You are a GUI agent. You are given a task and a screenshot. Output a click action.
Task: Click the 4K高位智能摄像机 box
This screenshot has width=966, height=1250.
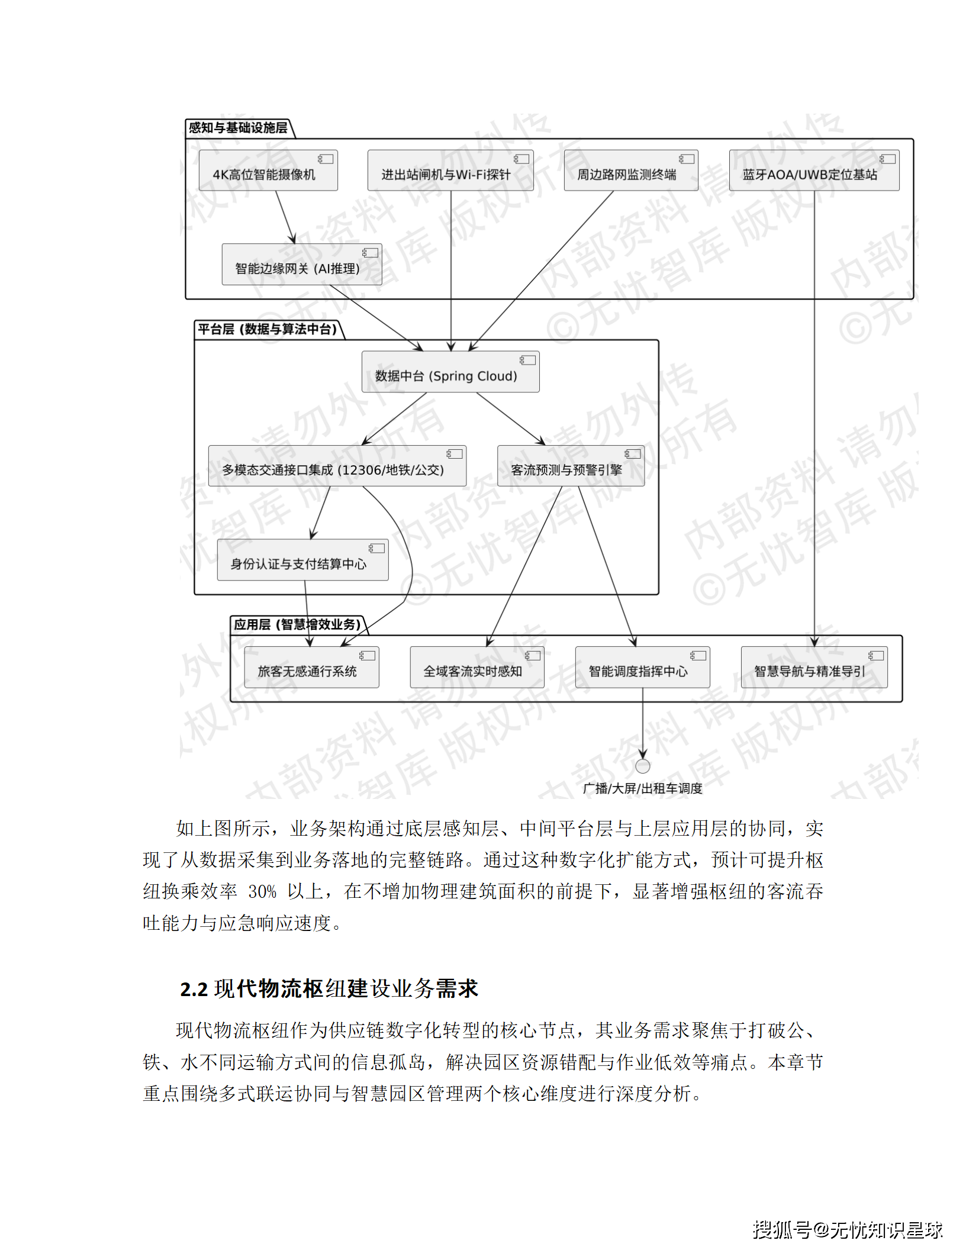pos(268,170)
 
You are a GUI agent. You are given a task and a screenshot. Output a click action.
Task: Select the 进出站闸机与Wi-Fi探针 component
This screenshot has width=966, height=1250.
pos(450,170)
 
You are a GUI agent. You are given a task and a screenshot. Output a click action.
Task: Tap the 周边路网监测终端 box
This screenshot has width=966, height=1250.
pos(630,170)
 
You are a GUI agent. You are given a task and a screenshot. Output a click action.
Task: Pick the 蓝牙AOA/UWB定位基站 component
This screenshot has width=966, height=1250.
pos(814,170)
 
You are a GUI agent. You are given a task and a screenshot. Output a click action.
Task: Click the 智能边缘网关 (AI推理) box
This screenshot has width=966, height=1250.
pos(301,265)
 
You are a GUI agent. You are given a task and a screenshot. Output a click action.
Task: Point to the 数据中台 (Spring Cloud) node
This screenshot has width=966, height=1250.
pos(450,372)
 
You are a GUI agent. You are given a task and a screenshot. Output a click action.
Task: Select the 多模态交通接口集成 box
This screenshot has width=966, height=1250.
pos(337,466)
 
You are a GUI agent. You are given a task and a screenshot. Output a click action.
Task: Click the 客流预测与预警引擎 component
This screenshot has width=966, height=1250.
pos(571,466)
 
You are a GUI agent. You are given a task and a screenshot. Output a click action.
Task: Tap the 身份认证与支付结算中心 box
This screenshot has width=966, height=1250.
pos(302,560)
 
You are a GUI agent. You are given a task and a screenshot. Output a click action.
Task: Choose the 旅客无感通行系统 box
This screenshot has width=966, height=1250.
pos(311,668)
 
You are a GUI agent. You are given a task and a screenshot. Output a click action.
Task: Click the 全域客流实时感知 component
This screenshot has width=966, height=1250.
pos(476,668)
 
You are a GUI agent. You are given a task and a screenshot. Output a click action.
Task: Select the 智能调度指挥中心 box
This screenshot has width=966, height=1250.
pos(642,668)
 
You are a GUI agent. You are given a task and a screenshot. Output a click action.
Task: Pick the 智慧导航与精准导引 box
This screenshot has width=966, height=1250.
pos(814,668)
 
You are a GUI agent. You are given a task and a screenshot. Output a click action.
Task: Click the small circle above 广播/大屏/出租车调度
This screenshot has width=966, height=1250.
pos(642,766)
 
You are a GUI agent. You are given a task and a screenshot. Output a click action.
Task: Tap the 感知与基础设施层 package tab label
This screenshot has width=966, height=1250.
pos(238,128)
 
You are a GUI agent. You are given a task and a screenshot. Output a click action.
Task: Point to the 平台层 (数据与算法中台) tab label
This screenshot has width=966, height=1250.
pos(268,329)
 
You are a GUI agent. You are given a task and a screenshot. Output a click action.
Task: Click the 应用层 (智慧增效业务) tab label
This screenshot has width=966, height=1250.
pos(297,624)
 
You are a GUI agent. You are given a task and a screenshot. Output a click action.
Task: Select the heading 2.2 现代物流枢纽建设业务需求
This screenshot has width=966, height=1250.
pos(329,989)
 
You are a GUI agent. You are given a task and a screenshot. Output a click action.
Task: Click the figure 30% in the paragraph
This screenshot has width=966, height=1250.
pos(262,892)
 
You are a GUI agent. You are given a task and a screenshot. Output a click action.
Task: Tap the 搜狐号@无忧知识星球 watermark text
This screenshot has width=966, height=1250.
pos(847,1230)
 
